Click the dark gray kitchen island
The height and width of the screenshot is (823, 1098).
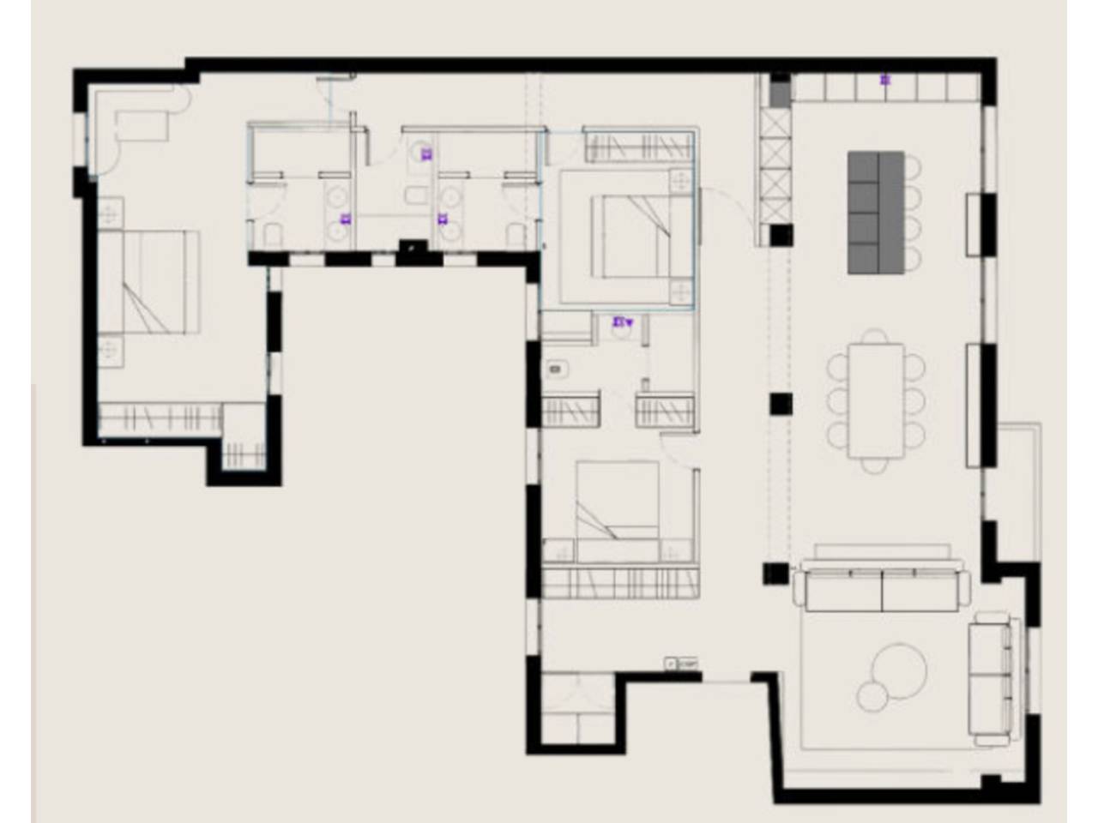tap(876, 213)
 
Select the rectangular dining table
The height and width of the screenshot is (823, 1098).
tap(876, 400)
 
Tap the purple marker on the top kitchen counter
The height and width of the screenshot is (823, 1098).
tap(885, 81)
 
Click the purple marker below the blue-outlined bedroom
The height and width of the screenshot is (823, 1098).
tap(620, 323)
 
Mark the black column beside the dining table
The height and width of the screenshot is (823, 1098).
tap(780, 404)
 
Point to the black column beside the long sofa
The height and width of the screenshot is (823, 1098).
tap(775, 573)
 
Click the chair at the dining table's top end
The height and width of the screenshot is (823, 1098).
tap(875, 336)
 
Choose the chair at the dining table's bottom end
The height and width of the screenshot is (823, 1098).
tap(875, 465)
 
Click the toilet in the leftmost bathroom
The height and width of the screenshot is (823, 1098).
tap(274, 234)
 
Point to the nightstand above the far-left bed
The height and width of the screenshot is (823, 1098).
tap(111, 211)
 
